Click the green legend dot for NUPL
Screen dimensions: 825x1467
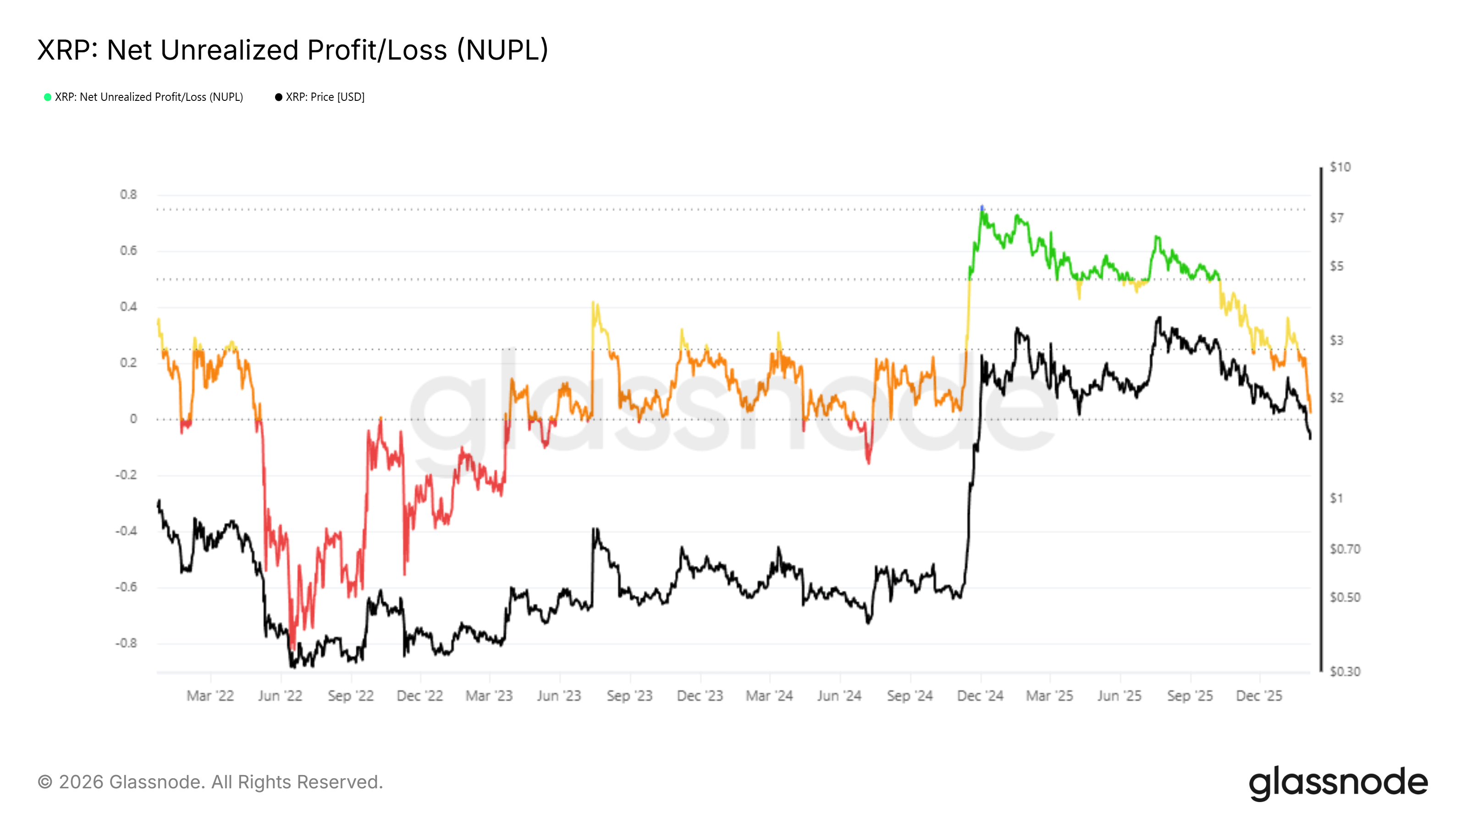(48, 97)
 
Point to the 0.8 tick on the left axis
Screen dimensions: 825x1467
(128, 195)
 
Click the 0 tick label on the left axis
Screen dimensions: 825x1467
(133, 419)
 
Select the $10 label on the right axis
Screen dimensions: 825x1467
(1340, 167)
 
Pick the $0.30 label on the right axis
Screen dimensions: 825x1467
(1345, 672)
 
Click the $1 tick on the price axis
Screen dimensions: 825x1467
(1336, 498)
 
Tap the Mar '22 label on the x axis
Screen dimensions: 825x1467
(210, 696)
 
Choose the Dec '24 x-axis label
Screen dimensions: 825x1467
(980, 696)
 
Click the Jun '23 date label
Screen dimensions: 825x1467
(559, 696)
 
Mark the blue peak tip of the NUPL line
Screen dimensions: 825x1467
(982, 207)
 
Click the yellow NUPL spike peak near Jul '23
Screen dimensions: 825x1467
(593, 302)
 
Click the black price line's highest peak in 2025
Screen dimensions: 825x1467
(1159, 318)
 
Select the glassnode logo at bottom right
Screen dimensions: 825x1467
(1338, 783)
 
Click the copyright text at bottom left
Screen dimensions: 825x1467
(210, 782)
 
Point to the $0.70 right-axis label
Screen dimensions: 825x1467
(1345, 550)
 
